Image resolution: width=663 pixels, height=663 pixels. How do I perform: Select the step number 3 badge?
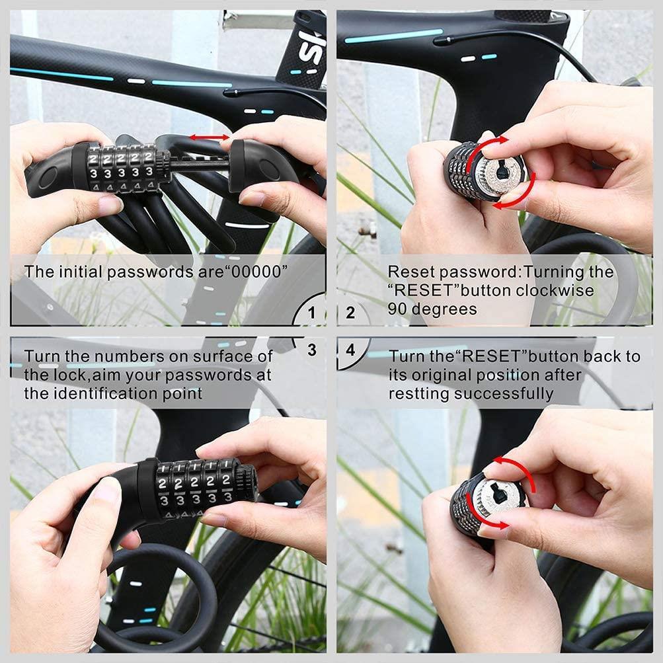(x=312, y=350)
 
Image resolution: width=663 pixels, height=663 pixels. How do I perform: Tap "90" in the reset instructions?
(x=397, y=309)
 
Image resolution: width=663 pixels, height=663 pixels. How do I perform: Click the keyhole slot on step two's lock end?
(x=502, y=173)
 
